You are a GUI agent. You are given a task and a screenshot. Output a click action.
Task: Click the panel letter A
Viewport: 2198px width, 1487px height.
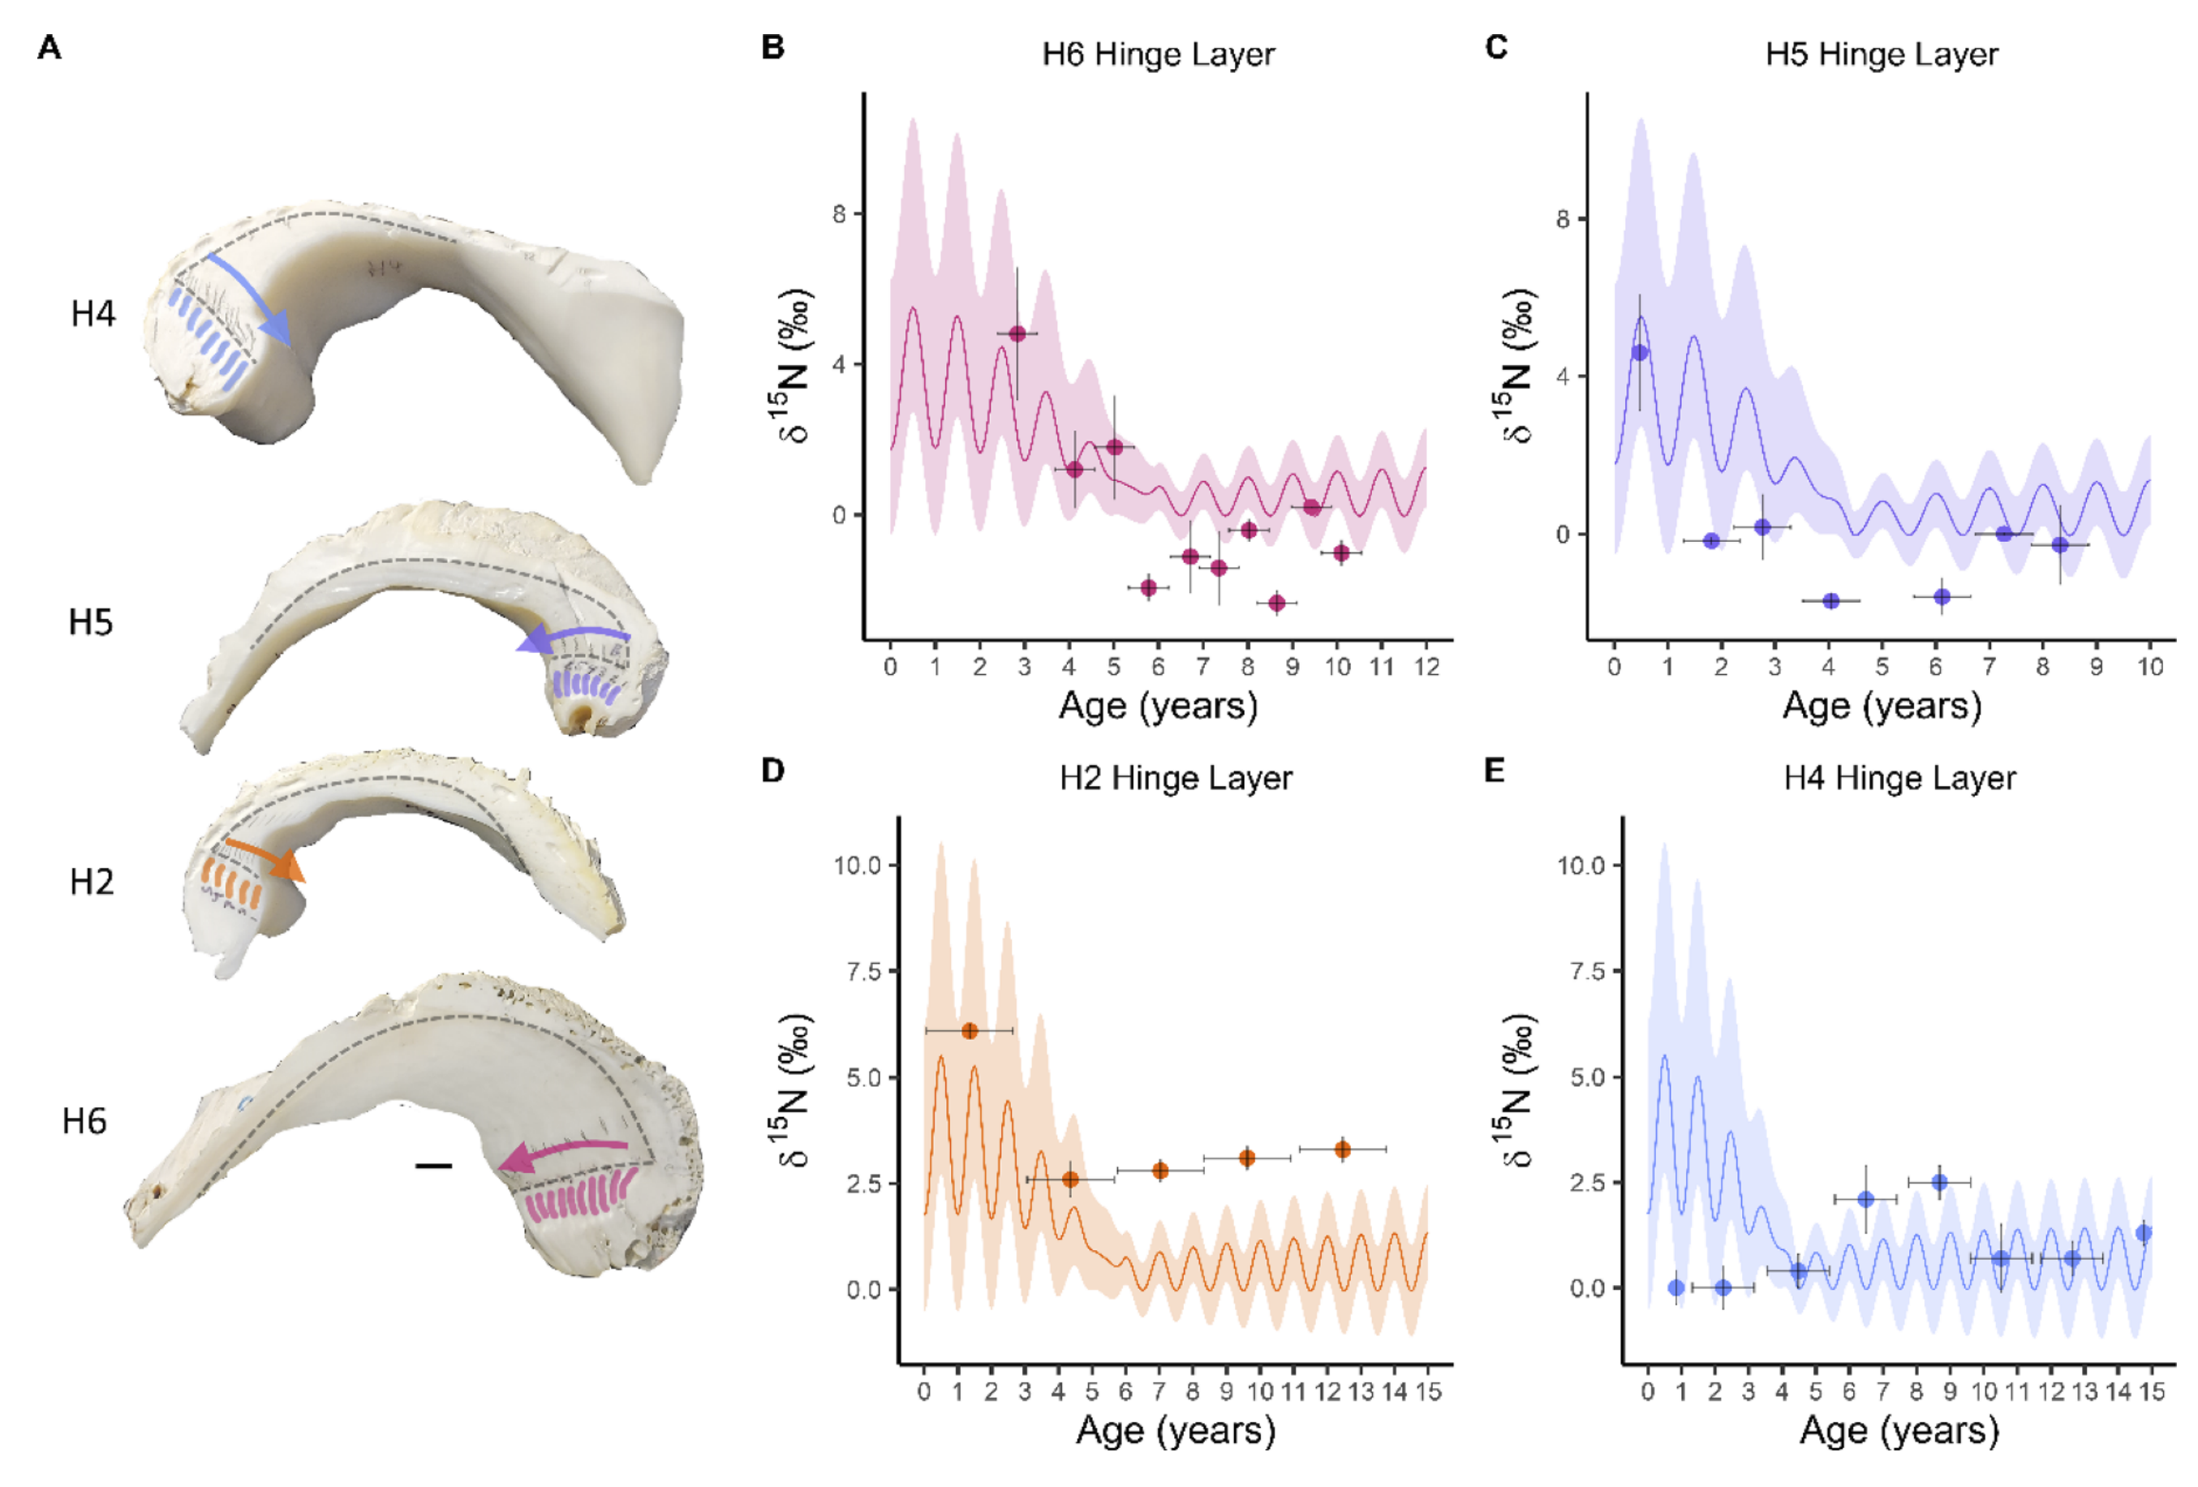49,47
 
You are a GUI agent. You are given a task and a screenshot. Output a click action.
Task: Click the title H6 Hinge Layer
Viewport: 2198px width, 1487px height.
1158,54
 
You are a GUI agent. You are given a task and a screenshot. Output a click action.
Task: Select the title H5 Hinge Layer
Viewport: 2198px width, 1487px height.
1882,54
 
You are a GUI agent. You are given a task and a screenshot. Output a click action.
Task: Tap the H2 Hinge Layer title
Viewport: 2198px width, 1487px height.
1175,777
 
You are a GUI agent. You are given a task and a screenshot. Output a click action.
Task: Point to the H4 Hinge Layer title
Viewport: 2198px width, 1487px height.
1899,777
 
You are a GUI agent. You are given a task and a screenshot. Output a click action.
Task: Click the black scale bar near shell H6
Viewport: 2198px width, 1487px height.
433,1166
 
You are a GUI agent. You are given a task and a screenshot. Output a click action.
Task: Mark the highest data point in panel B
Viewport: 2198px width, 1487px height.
1017,334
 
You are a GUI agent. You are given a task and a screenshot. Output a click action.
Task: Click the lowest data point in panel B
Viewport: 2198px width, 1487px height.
1277,603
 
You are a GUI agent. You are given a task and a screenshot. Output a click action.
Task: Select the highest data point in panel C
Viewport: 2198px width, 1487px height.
1639,353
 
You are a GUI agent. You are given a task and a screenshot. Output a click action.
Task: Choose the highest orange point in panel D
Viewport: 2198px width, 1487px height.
970,1030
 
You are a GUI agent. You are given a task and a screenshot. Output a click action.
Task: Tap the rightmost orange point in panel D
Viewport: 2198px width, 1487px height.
1342,1150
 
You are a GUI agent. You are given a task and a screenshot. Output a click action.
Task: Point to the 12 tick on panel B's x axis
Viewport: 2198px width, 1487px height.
1426,667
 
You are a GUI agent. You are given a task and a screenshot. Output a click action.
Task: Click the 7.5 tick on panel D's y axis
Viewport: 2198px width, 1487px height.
857,972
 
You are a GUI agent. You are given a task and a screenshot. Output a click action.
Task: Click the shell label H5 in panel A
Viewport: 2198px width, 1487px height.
91,622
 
